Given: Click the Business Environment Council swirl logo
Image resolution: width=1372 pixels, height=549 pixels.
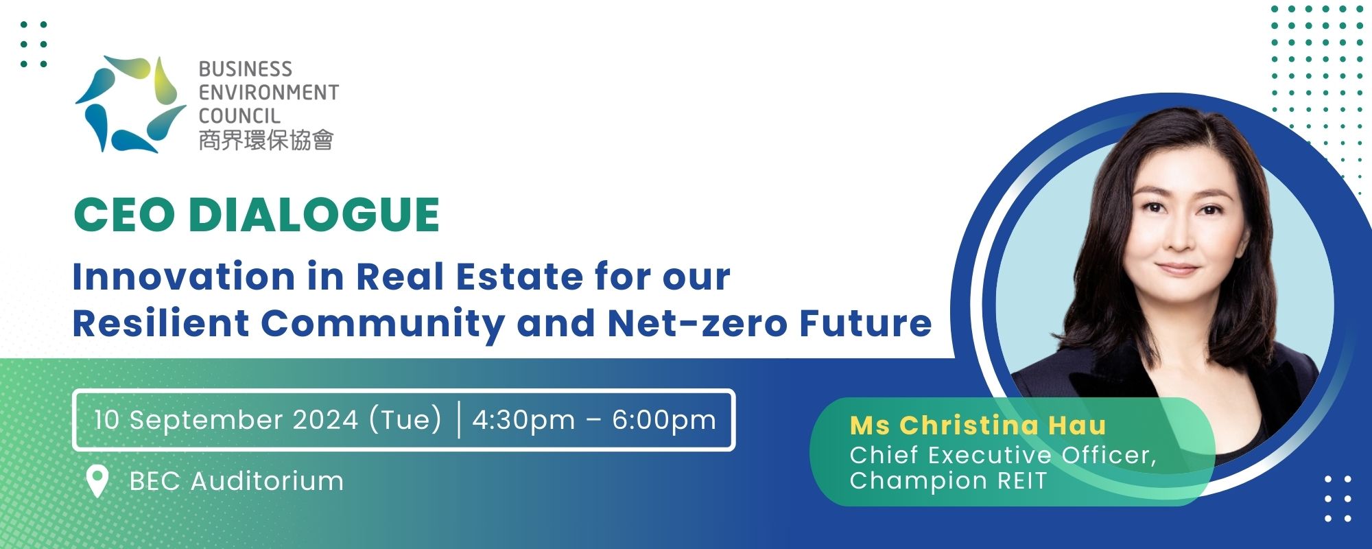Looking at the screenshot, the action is (130, 103).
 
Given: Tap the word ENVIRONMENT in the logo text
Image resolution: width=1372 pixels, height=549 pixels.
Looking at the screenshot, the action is (269, 93).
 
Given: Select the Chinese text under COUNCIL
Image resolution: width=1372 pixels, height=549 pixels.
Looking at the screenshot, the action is (266, 140).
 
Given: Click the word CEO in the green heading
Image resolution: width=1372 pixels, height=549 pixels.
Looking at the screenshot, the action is (124, 215).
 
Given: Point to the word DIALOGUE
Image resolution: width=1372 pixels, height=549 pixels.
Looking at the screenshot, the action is (314, 215).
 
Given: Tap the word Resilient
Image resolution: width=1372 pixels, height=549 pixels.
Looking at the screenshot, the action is (161, 323).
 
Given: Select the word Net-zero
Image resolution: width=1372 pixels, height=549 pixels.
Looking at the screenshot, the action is (697, 323).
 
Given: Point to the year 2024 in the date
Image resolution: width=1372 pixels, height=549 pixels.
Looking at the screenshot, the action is (325, 420).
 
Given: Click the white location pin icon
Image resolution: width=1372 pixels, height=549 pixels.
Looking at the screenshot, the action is (97, 482).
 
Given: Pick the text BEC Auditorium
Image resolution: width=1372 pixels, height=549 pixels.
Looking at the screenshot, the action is (237, 481).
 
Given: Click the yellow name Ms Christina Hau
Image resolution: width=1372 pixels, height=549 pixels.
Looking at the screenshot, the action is (978, 425).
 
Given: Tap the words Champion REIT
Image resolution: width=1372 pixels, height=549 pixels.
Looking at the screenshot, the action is (948, 480).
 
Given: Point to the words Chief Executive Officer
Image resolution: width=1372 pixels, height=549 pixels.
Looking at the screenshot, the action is (1002, 454).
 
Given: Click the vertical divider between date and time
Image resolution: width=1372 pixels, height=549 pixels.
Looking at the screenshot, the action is (458, 420).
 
